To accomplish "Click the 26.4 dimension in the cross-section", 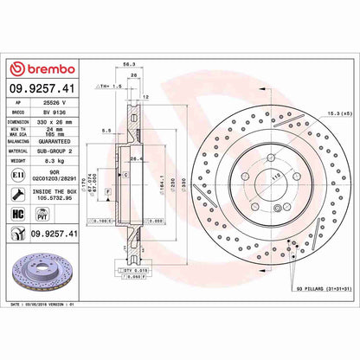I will [x=135, y=158].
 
